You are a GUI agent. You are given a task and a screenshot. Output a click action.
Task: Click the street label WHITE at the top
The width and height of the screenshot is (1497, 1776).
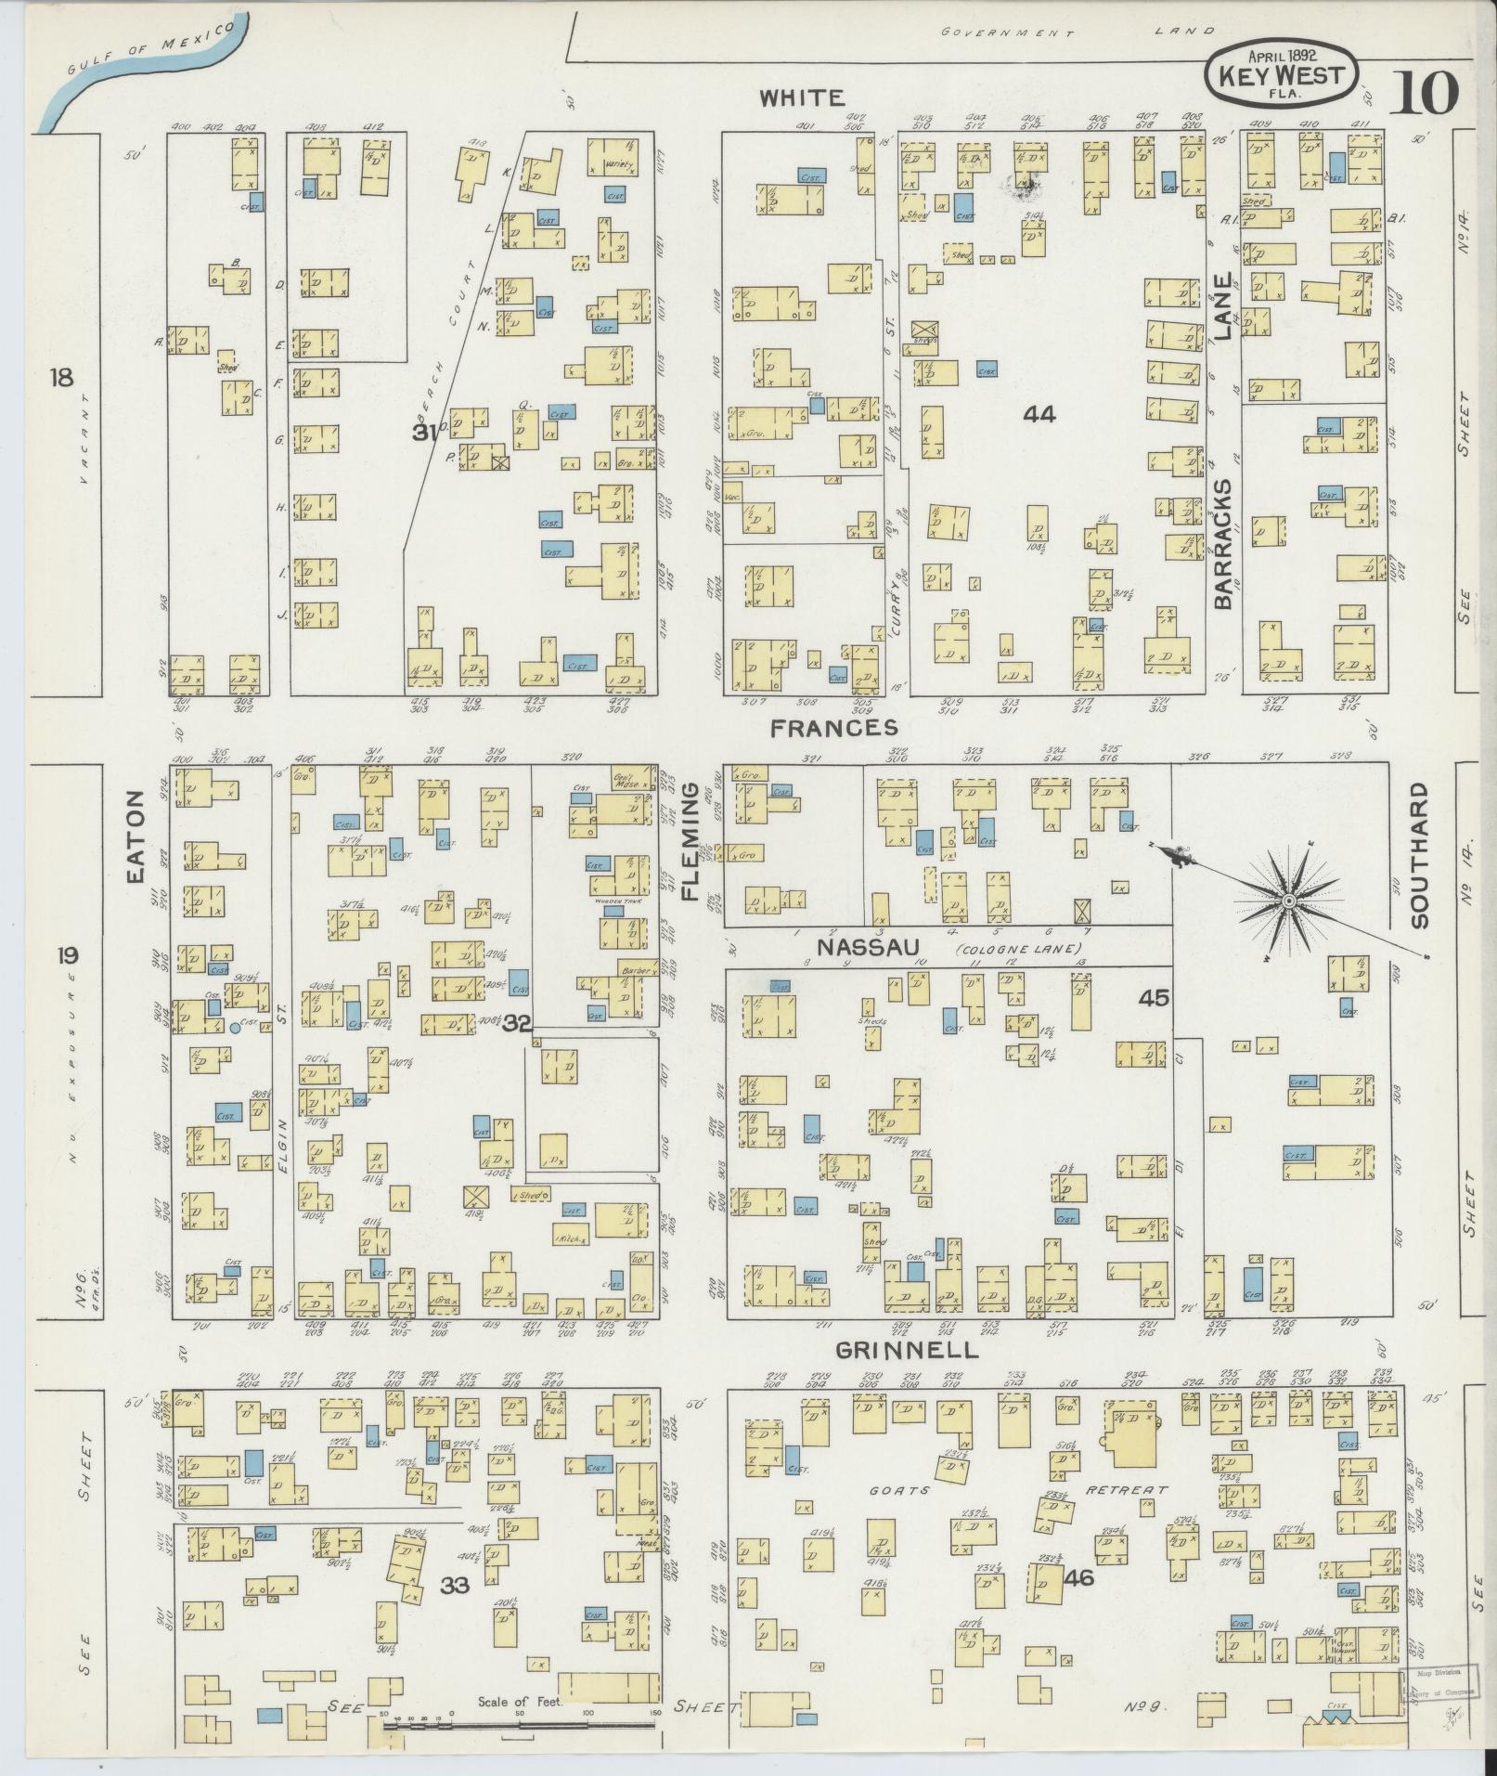pyautogui.click(x=802, y=97)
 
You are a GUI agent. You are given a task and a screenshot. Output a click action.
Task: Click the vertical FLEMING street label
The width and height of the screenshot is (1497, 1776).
pyautogui.click(x=691, y=841)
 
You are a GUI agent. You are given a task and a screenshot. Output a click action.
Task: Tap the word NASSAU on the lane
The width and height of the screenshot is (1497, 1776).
pyautogui.click(x=868, y=946)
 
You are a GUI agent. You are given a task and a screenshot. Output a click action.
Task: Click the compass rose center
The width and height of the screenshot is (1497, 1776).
pyautogui.click(x=1288, y=901)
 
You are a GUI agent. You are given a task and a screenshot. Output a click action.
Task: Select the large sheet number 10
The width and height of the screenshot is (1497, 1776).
pyautogui.click(x=1425, y=93)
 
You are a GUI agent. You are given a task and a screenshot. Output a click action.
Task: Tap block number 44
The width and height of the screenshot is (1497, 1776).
pyautogui.click(x=1039, y=414)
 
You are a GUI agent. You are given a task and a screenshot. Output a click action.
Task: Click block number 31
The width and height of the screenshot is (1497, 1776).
pyautogui.click(x=424, y=432)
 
